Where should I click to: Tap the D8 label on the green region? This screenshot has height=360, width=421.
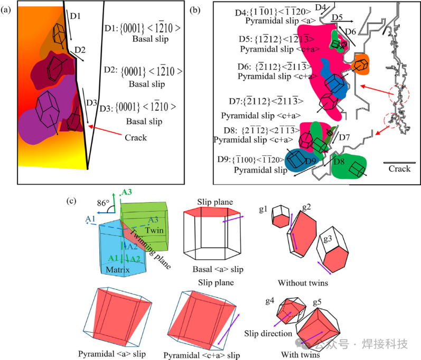pos(339,160)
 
